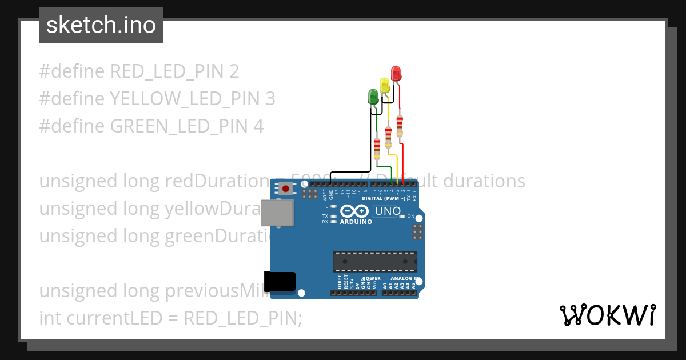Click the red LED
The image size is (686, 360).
(396, 73)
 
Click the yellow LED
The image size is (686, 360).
(385, 86)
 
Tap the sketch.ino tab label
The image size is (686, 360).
(101, 25)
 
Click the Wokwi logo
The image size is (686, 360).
(607, 315)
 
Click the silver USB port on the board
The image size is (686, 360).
(278, 213)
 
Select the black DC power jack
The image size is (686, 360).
(282, 281)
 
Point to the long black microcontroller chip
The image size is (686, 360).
(375, 261)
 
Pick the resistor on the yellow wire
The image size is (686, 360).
(389, 136)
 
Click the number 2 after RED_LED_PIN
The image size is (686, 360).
(234, 71)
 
